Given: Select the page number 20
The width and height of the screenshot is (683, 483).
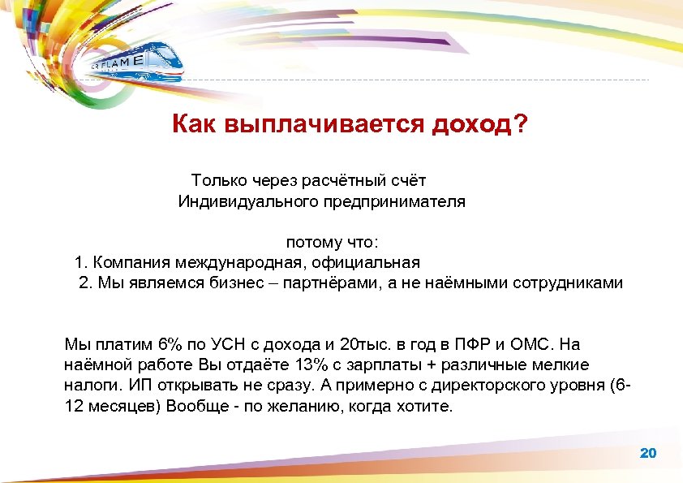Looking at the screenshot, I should click(648, 453).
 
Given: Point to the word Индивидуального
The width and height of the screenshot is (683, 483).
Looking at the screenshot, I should click(236, 201).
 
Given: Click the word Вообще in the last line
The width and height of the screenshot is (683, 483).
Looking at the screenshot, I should click(194, 406).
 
